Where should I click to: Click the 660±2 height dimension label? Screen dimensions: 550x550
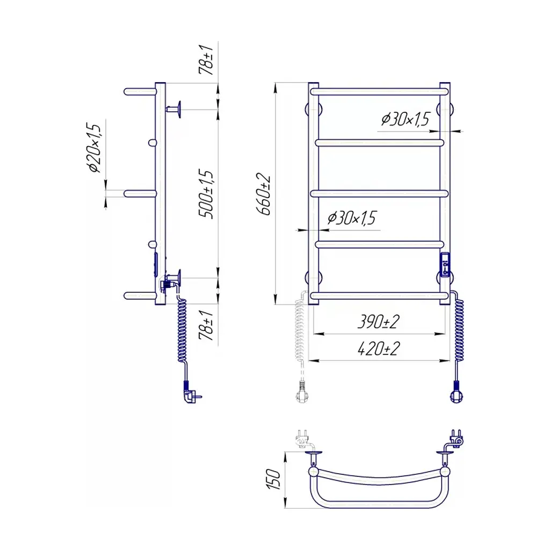pos(264,194)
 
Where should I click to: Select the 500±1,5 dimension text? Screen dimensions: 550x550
pos(206,194)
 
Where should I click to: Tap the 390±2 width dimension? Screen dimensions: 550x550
pos(379,321)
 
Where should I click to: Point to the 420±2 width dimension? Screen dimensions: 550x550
pos(379,348)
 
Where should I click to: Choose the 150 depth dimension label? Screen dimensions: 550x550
pos(273,479)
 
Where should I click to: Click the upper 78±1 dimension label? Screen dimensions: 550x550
pos(206,60)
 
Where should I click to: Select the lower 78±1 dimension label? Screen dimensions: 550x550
pos(206,325)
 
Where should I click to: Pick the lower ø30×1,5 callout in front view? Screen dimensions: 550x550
pos(352,218)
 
